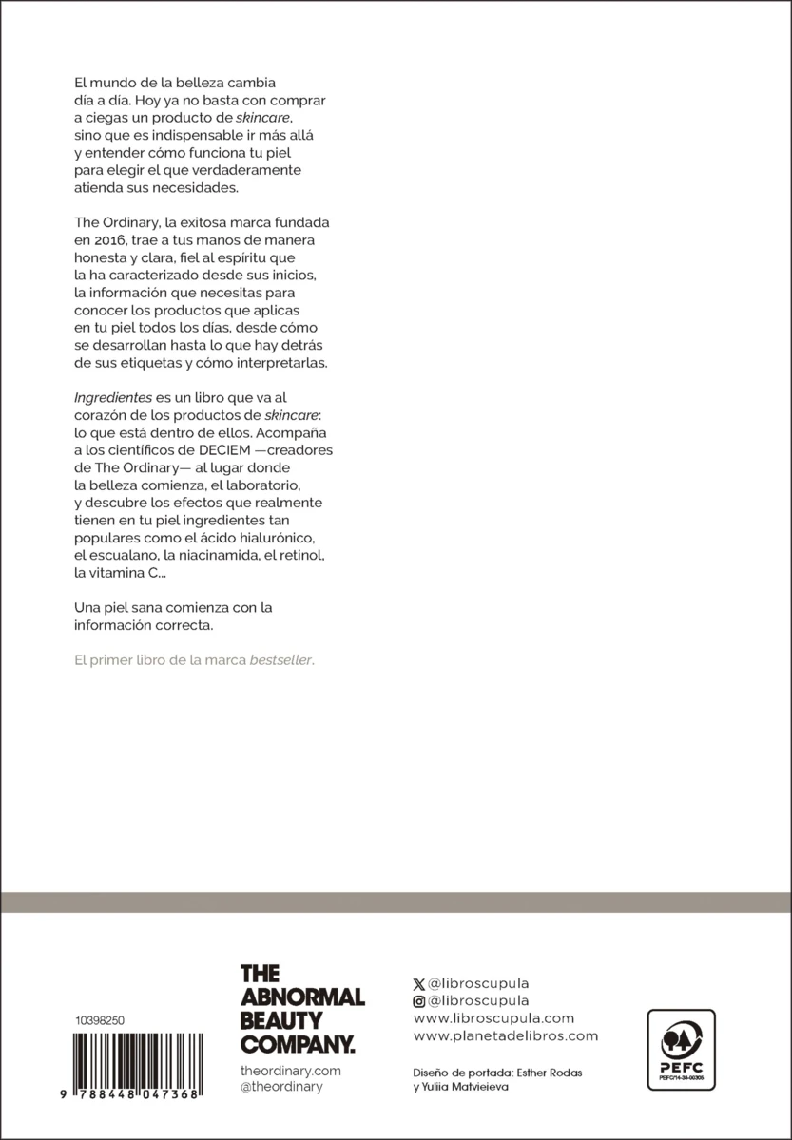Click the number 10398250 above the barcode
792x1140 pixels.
click(100, 1019)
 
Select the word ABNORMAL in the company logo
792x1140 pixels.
click(302, 997)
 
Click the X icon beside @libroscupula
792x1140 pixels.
click(419, 984)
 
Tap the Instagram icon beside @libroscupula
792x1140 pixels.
click(419, 1001)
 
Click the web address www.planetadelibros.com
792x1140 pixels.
click(506, 1036)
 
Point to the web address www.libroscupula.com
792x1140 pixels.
click(494, 1018)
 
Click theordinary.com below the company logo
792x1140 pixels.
click(290, 1071)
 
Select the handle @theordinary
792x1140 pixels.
click(281, 1087)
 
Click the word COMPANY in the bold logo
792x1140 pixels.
click(297, 1044)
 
